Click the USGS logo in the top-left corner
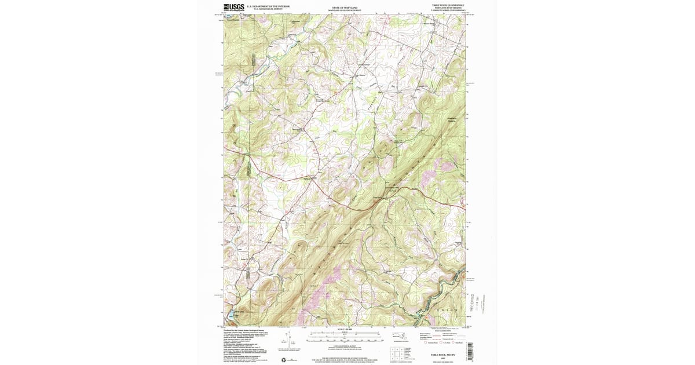234,8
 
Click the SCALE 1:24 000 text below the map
345,330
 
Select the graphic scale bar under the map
345,335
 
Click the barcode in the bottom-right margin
469,351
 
